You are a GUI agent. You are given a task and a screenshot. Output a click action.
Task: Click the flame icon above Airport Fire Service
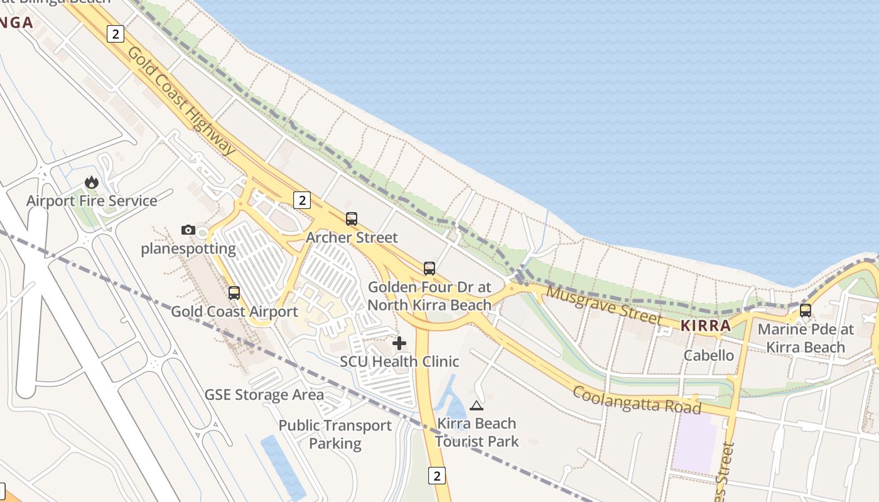[92, 183]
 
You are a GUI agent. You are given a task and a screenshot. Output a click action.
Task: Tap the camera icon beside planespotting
[188, 230]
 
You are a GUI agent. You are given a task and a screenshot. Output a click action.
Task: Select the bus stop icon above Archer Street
[352, 219]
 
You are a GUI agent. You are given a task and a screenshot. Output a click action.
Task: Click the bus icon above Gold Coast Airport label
[234, 292]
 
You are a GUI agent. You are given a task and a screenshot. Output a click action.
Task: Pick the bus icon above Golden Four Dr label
[429, 269]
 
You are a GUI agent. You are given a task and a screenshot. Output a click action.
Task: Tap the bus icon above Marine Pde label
[806, 310]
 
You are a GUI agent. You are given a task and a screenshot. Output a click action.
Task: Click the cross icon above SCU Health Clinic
[399, 343]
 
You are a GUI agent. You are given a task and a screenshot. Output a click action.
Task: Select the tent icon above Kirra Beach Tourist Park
[477, 405]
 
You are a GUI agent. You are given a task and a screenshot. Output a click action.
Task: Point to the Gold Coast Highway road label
[181, 100]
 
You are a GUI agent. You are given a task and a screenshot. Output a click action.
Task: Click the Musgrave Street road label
[603, 305]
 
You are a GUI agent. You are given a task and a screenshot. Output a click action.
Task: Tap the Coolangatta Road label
[637, 400]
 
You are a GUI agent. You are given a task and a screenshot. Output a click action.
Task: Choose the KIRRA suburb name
[706, 326]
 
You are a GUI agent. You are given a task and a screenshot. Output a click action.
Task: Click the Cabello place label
[709, 355]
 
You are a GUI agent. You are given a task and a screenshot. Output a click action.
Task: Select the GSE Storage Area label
[264, 395]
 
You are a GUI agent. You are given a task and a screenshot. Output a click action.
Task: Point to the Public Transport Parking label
[335, 434]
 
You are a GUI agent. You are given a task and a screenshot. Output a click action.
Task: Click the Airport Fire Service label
[92, 201]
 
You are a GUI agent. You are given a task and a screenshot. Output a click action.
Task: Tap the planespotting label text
[188, 248]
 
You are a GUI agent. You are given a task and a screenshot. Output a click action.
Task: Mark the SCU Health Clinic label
[399, 361]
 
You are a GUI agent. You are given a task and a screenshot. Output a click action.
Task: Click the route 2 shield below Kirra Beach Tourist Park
[437, 475]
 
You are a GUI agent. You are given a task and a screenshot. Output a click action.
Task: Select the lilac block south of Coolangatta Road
[694, 442]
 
